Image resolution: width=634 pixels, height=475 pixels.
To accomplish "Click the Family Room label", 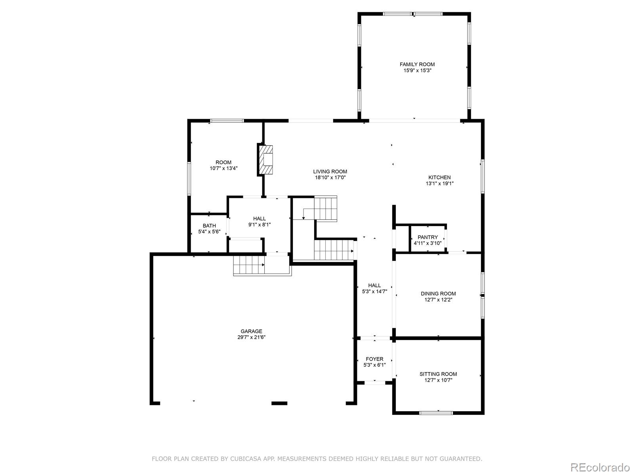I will (417, 64).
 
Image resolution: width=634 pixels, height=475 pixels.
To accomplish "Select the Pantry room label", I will (428, 237).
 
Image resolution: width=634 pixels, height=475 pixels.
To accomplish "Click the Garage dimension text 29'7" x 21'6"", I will (251, 337).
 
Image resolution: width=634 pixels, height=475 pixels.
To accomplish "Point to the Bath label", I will (209, 226).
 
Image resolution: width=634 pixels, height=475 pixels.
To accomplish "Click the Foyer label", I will (374, 359).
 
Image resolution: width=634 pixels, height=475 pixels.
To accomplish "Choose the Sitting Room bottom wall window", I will (436, 413).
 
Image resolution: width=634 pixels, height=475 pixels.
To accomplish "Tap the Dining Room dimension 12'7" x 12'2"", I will (438, 300).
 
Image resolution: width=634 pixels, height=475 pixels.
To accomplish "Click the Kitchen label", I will (439, 177).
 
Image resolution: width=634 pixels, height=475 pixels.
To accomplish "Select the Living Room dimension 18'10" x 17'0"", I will (330, 178).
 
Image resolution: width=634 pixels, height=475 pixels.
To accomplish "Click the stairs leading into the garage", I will (249, 265).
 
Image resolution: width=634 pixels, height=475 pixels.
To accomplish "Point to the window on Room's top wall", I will (227, 121).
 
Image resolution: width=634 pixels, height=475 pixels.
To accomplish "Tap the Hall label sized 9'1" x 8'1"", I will (260, 218).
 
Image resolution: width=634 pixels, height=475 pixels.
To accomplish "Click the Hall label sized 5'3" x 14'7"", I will (374, 285).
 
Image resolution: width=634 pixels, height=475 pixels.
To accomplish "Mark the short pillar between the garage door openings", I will (279, 403).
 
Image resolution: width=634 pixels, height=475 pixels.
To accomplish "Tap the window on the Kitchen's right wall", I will (483, 176).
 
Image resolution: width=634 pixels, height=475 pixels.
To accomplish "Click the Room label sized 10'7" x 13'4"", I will (223, 162).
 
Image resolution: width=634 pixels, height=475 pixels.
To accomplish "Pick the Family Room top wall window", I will (413, 14).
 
